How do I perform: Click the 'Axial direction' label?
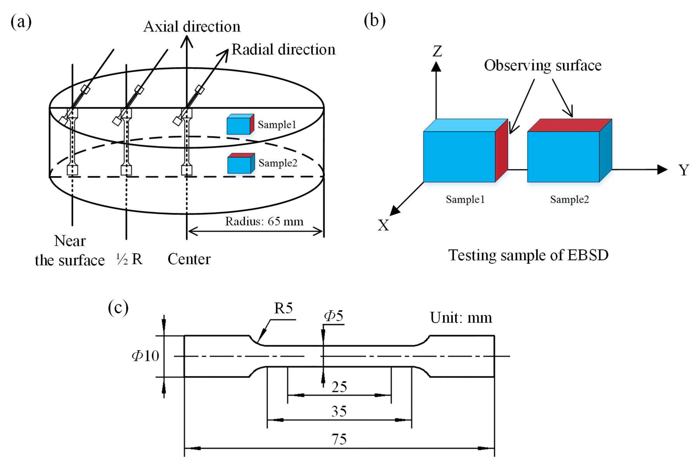tap(192, 27)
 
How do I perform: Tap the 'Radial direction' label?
tap(283, 49)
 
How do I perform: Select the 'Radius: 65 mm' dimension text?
tap(264, 221)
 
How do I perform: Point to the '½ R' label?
tap(129, 259)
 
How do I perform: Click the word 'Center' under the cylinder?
tap(189, 259)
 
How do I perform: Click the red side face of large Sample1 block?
tap(501, 151)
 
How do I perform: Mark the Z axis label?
tap(437, 51)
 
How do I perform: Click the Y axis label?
tap(684, 170)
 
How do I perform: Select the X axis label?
tap(383, 225)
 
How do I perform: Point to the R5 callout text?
tap(283, 308)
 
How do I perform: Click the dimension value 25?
tap(339, 387)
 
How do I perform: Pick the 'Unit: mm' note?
tap(461, 318)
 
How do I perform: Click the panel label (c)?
tap(118, 307)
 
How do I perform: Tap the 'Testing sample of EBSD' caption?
tap(528, 255)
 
